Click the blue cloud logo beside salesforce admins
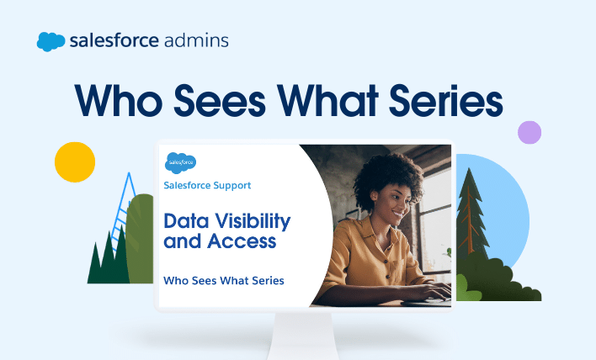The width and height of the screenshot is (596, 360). (51, 41)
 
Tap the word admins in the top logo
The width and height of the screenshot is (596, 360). (196, 40)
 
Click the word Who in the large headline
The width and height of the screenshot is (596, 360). (118, 101)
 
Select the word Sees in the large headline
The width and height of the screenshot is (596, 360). (220, 101)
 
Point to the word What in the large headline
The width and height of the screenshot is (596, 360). (327, 101)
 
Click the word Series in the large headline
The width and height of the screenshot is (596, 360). (446, 101)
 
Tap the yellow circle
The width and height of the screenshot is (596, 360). (75, 162)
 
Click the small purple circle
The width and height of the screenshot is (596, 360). (529, 133)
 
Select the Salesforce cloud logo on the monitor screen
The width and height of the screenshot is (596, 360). (180, 163)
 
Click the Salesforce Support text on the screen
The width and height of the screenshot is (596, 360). (207, 185)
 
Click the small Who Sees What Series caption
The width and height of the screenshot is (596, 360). (224, 281)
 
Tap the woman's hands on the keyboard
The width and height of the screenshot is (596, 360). (429, 291)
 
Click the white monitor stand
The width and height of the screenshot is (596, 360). (302, 336)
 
